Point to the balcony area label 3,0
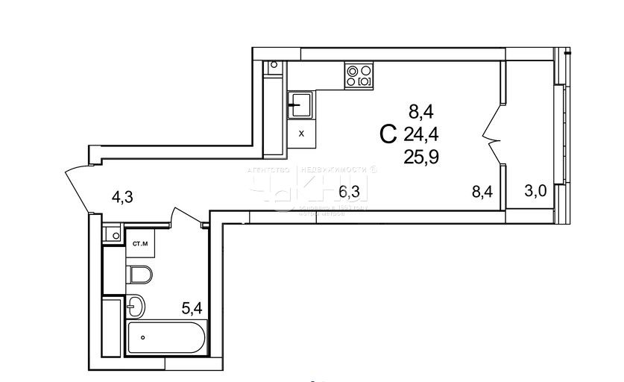[x=535, y=191]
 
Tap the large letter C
[x=388, y=135]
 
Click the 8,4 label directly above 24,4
[x=420, y=112]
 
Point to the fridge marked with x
[x=301, y=134]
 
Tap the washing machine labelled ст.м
[x=139, y=243]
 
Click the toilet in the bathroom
[x=139, y=275]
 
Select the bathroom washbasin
[x=136, y=306]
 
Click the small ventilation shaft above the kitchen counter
[x=274, y=65]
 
